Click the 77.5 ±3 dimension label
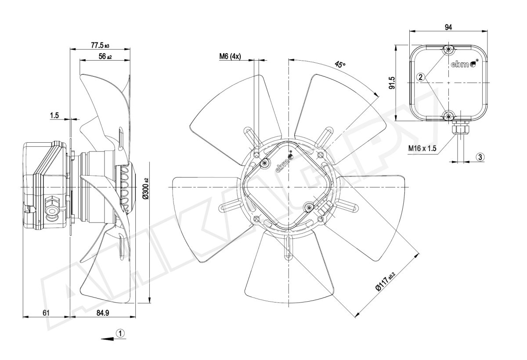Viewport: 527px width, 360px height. tap(100, 45)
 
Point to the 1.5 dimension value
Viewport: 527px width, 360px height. tap(54, 115)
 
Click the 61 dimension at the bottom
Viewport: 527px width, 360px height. tap(46, 313)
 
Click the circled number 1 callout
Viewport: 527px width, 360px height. tap(121, 333)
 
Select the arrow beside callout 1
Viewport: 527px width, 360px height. tap(107, 338)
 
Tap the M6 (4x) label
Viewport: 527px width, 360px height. tap(230, 56)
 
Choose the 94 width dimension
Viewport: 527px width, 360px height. tap(448, 27)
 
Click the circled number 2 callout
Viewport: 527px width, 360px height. tap(421, 77)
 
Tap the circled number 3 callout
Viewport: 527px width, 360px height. tap(480, 156)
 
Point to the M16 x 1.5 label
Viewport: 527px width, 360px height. tap(422, 148)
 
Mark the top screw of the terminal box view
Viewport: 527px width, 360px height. tap(448, 49)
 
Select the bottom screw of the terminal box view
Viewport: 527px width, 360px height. tap(448, 116)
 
